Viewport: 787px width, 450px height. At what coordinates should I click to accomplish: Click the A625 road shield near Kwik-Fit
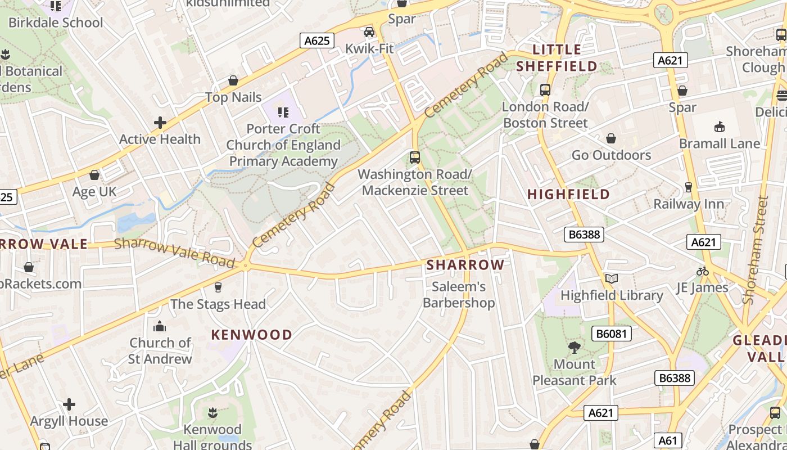click(x=317, y=40)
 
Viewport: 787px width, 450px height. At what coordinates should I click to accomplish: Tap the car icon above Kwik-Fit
click(x=369, y=32)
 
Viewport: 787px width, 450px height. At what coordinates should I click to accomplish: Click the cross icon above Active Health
click(x=160, y=123)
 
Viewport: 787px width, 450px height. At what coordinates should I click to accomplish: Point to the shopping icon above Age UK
click(x=94, y=175)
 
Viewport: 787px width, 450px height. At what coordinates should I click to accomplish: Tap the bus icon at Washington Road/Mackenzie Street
click(x=415, y=157)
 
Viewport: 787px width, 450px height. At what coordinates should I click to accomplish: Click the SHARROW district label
click(x=465, y=265)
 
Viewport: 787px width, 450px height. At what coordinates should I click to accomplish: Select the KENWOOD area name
click(x=251, y=335)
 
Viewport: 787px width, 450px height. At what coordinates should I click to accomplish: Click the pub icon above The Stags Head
click(x=218, y=287)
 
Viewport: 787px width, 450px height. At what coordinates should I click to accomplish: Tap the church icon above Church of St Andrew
click(x=160, y=326)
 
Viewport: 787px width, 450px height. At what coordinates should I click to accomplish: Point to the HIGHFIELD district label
click(x=568, y=195)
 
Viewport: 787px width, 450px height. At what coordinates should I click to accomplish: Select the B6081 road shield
click(x=612, y=334)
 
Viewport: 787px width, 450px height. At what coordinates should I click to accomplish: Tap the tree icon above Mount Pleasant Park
click(x=574, y=348)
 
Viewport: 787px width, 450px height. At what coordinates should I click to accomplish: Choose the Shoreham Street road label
click(x=755, y=250)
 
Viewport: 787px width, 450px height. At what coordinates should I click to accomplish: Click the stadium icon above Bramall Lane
click(x=719, y=127)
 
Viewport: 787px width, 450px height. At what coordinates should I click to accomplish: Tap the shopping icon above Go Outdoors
click(x=611, y=138)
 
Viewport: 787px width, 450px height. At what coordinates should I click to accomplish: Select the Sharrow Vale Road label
click(x=174, y=253)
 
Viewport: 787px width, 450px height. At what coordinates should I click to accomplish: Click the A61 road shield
click(x=668, y=440)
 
